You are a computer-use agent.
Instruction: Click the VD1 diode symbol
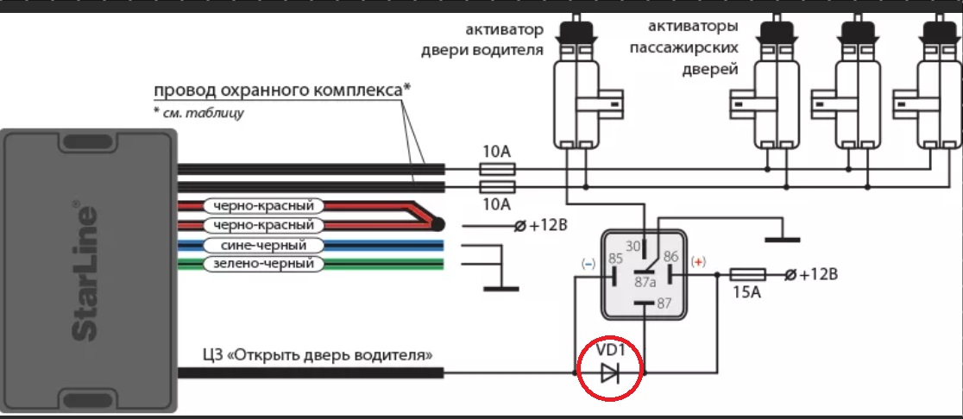tap(610, 373)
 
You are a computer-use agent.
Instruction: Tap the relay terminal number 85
tap(615, 258)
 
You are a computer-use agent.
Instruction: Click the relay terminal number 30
tap(634, 247)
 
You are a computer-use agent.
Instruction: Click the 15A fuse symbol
tap(747, 275)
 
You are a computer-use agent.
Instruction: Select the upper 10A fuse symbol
tap(496, 169)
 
